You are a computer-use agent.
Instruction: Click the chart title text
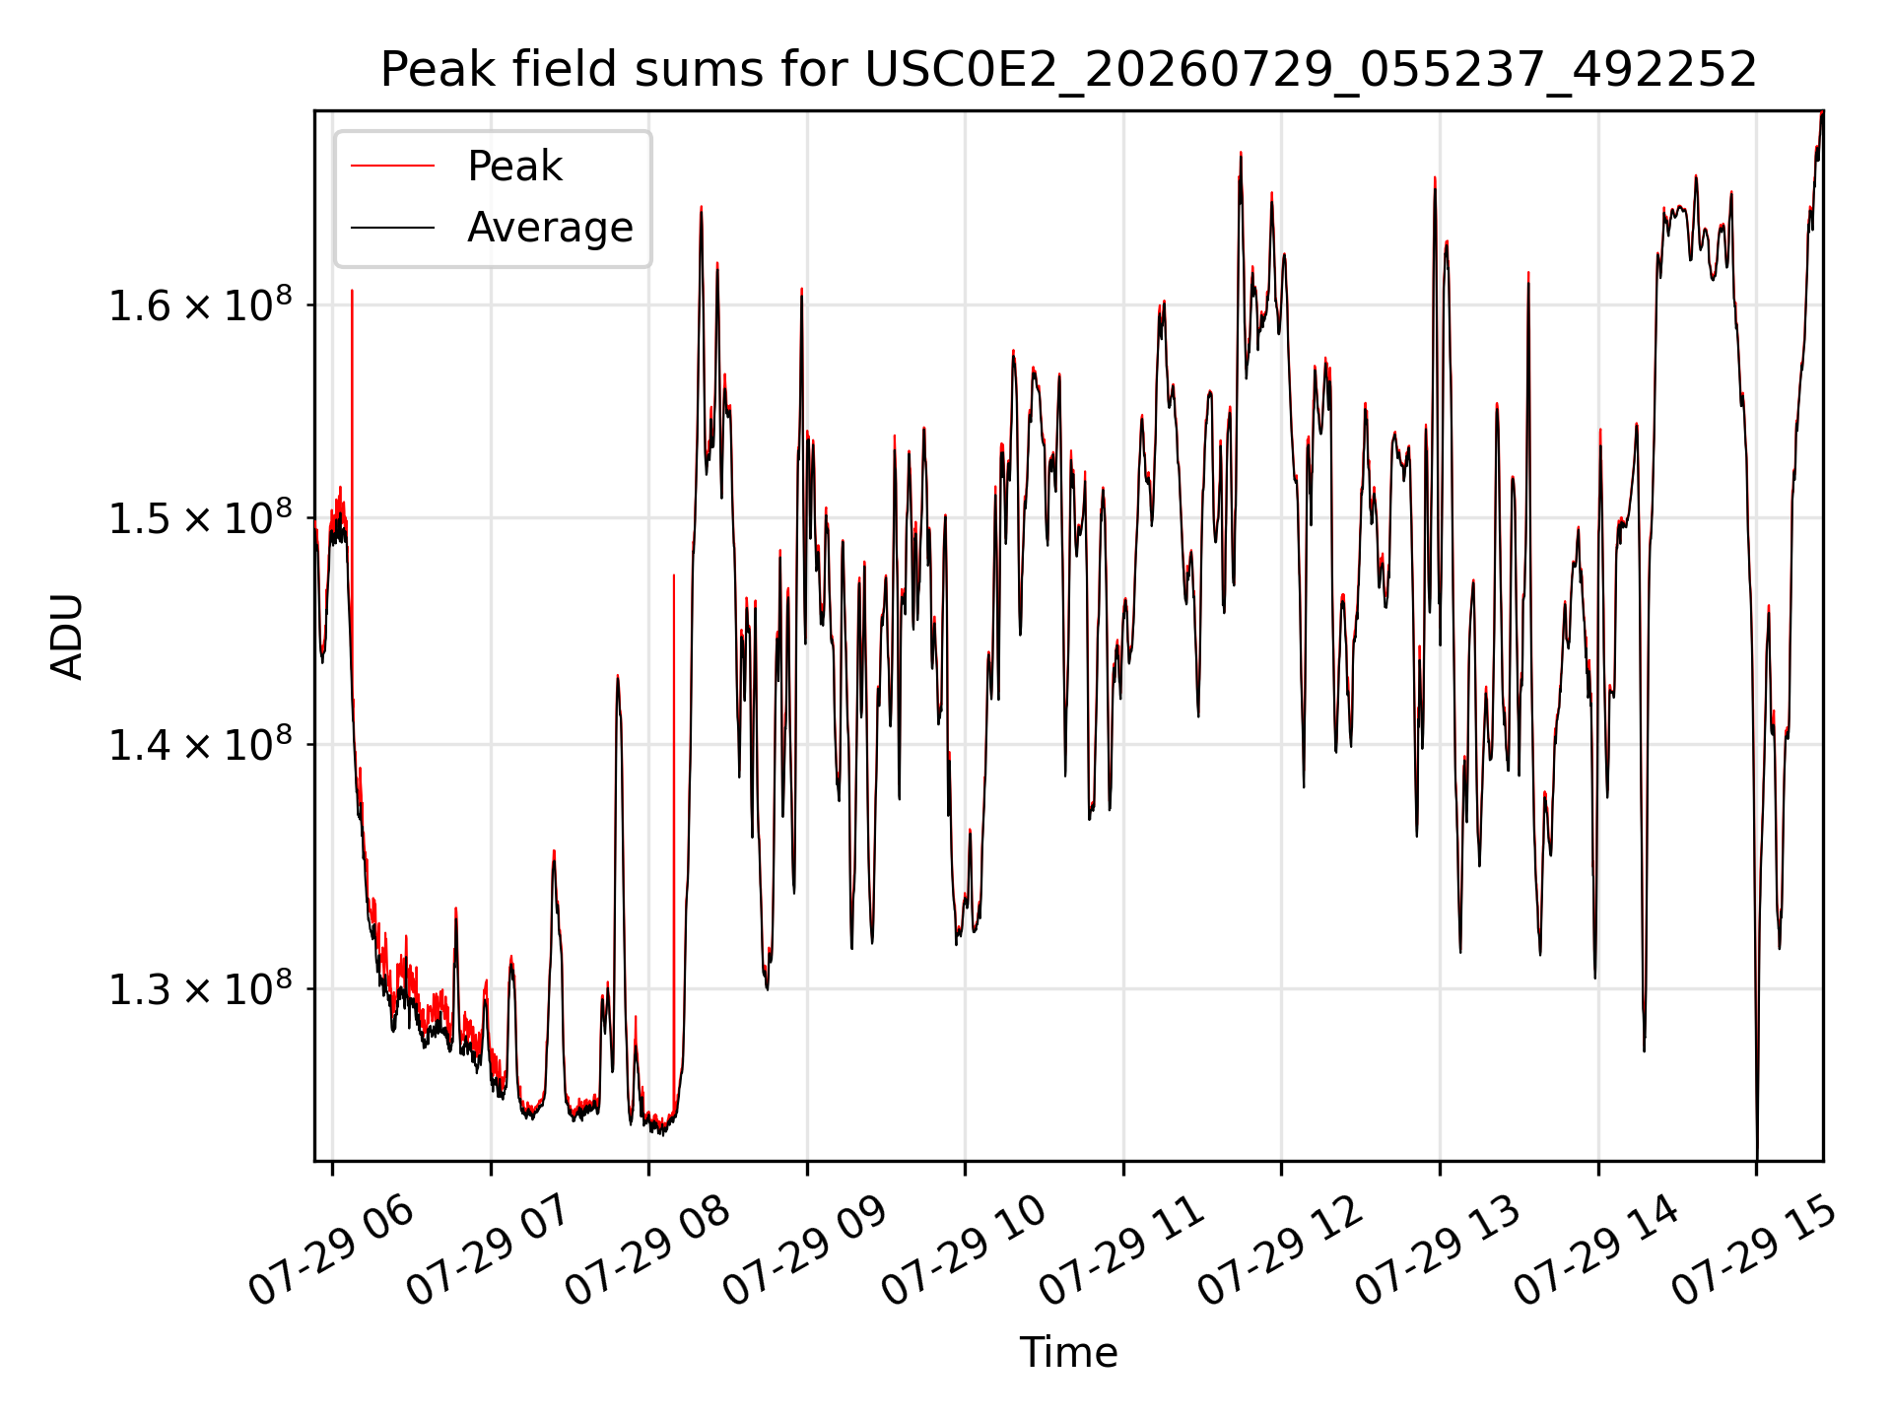click(1068, 69)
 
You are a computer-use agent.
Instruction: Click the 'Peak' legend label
click(514, 167)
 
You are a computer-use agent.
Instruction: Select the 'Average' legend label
click(550, 228)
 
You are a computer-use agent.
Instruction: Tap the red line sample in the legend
click(392, 166)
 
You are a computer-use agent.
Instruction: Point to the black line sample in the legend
click(392, 228)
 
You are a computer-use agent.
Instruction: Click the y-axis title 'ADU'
click(67, 636)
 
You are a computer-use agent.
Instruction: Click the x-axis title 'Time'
click(1068, 1353)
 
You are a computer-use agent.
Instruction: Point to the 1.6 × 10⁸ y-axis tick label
click(200, 305)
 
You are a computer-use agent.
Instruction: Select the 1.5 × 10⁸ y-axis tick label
click(200, 517)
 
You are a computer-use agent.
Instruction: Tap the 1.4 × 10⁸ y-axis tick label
click(200, 745)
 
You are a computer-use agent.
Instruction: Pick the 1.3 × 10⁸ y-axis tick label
click(200, 988)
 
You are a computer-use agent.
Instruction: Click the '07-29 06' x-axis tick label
click(332, 1251)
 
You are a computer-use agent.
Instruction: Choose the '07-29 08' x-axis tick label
click(648, 1251)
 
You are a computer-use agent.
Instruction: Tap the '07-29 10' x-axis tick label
click(964, 1251)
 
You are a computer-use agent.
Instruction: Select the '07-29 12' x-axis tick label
click(1280, 1251)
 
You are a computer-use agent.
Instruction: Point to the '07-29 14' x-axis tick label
click(1596, 1251)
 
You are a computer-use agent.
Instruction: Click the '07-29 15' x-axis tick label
click(1755, 1251)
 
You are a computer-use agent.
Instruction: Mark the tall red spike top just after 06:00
click(352, 290)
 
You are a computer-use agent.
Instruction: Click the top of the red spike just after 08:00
click(674, 574)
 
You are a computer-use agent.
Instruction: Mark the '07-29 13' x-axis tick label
click(1439, 1251)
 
